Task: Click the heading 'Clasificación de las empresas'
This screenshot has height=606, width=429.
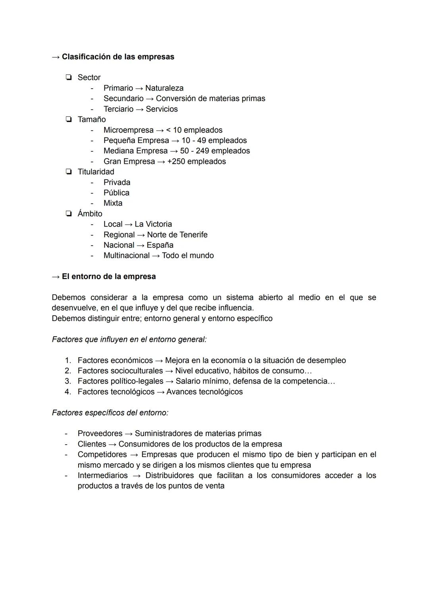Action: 118,57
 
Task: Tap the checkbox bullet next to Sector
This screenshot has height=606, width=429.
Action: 69,77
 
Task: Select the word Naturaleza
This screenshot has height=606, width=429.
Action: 164,88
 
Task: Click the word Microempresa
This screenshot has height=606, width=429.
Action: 128,130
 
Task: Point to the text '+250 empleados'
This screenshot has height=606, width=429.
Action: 196,161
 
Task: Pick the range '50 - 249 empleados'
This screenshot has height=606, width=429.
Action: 215,151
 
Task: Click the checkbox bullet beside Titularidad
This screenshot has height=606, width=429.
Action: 69,172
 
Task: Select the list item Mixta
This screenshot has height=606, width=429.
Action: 113,203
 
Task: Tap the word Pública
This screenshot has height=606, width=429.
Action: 116,193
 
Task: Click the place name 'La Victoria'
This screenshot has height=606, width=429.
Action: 153,224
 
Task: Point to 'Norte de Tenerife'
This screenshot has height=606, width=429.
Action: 177,235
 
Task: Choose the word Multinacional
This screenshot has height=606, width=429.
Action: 126,256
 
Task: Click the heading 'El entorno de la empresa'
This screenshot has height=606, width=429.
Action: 108,277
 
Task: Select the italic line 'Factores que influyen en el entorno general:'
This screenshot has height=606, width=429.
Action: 129,339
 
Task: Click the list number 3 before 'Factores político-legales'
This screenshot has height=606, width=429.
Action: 68,381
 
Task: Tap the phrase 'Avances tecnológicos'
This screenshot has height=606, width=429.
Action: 204,392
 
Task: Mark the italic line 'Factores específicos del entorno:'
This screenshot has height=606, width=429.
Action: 110,413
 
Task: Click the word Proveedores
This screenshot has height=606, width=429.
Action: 100,434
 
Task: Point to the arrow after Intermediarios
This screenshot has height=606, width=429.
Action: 137,476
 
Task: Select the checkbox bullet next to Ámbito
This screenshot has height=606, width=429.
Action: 69,214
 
